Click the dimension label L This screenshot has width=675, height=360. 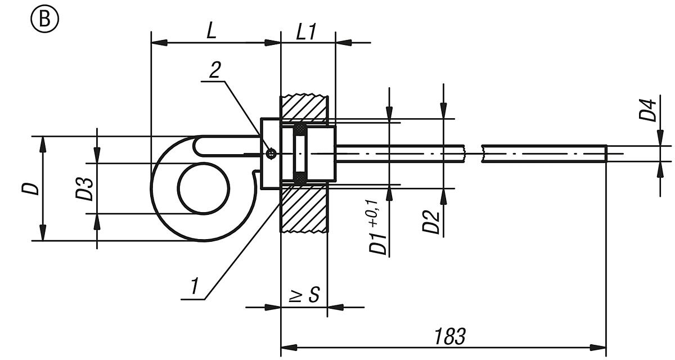click(x=211, y=31)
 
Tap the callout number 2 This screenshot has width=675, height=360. click(x=215, y=70)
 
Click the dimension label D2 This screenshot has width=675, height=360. click(x=431, y=222)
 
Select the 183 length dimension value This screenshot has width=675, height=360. click(x=449, y=336)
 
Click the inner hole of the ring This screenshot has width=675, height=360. click(x=204, y=188)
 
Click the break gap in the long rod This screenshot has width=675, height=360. click(x=474, y=153)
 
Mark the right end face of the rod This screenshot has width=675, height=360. click(x=606, y=153)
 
